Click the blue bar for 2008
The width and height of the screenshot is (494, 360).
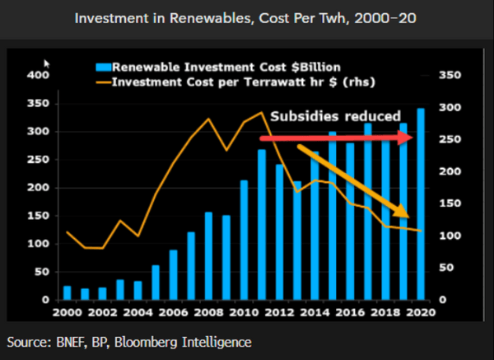[208, 256]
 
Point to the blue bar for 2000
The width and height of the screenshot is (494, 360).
[68, 292]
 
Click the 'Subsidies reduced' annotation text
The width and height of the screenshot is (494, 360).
[336, 116]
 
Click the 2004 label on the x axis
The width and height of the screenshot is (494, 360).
[137, 313]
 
